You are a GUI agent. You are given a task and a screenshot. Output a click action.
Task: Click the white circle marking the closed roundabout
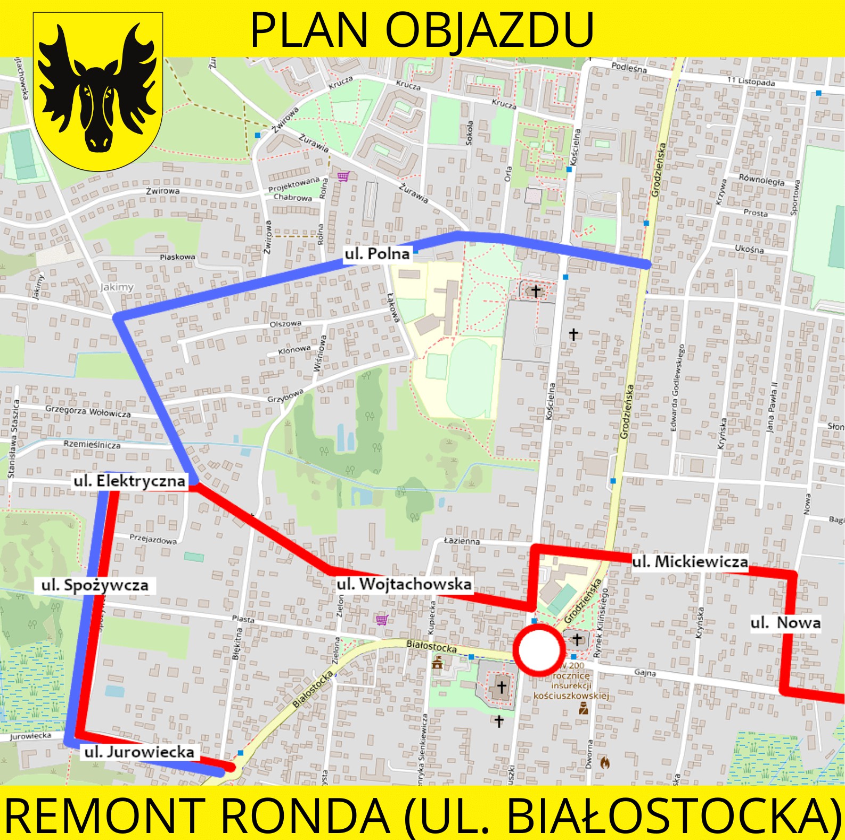[539, 649]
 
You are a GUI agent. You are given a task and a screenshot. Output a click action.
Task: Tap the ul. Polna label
[377, 254]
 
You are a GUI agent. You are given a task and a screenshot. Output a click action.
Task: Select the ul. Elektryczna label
[129, 481]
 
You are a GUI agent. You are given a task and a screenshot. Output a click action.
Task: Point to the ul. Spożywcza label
[95, 586]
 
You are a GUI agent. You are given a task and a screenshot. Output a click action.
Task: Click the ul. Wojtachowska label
[404, 584]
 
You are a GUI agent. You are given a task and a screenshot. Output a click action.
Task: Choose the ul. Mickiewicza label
[690, 562]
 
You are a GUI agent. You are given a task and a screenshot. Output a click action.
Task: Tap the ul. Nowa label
[785, 623]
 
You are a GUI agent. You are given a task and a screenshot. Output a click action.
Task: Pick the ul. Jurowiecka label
[139, 752]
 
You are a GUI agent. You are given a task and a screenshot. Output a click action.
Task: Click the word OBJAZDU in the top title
[489, 30]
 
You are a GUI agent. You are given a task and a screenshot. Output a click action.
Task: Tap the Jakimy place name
[117, 287]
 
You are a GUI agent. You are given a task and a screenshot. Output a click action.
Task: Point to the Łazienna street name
[462, 541]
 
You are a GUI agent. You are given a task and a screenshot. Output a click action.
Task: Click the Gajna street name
[645, 673]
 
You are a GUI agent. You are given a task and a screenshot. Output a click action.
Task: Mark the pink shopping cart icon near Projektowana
[343, 176]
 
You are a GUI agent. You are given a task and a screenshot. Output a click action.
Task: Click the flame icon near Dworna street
[605, 762]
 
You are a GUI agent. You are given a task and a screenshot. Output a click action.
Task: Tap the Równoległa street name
[761, 180]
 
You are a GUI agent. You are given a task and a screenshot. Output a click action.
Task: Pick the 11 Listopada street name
[751, 82]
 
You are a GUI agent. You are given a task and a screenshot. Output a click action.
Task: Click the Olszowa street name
[285, 324]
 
